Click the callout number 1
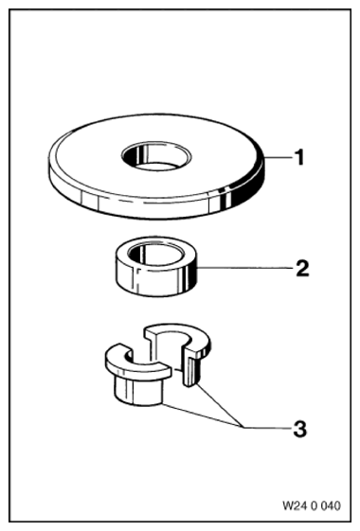click(x=299, y=157)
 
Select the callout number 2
click(x=302, y=268)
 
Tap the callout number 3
click(x=300, y=429)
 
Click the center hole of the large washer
click(x=156, y=157)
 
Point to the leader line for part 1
click(x=278, y=157)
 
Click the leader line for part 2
click(x=244, y=268)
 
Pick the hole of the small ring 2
click(x=156, y=254)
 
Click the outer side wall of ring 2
click(x=156, y=283)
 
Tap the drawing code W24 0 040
click(x=311, y=506)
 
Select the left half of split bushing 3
click(x=137, y=376)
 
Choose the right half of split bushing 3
click(x=181, y=352)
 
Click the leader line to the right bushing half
click(x=219, y=405)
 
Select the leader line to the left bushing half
click(x=202, y=416)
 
